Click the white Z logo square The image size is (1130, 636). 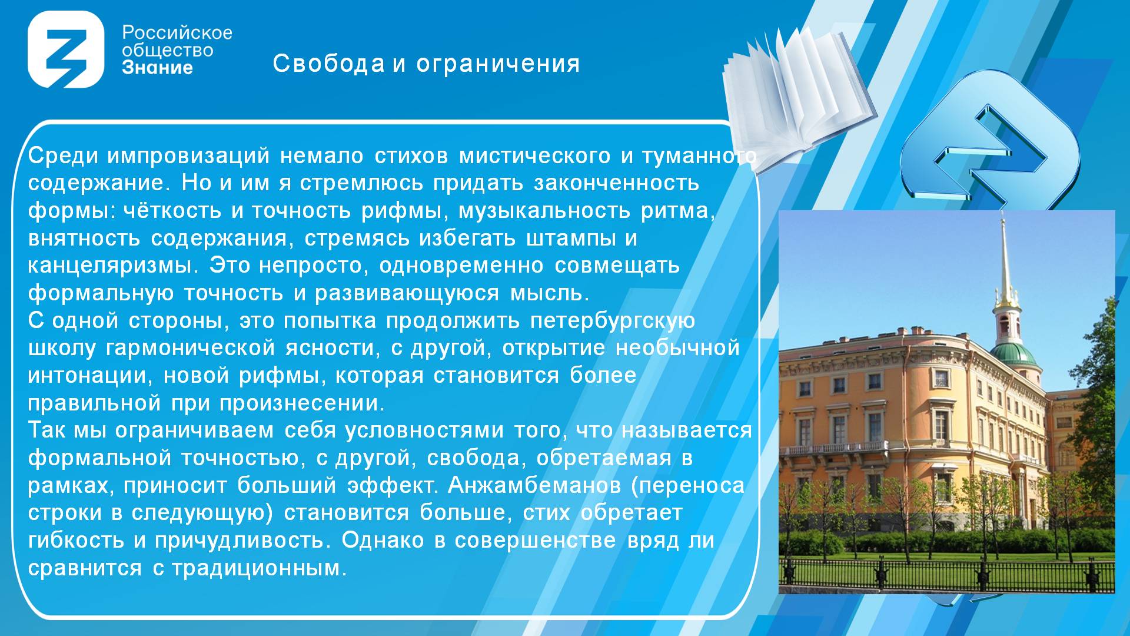pyautogui.click(x=66, y=49)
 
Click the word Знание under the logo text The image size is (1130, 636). pyautogui.click(x=157, y=68)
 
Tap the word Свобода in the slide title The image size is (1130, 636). pyautogui.click(x=328, y=63)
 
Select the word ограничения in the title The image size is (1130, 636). pyautogui.click(x=498, y=64)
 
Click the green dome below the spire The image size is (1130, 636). pyautogui.click(x=1013, y=354)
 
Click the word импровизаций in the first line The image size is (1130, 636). pyautogui.click(x=188, y=156)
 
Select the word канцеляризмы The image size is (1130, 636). pyautogui.click(x=110, y=266)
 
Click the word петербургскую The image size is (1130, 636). pyautogui.click(x=613, y=321)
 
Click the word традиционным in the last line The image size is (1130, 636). pyautogui.click(x=259, y=568)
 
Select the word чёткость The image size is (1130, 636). pyautogui.click(x=172, y=211)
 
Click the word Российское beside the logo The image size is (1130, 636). pyautogui.click(x=177, y=33)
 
